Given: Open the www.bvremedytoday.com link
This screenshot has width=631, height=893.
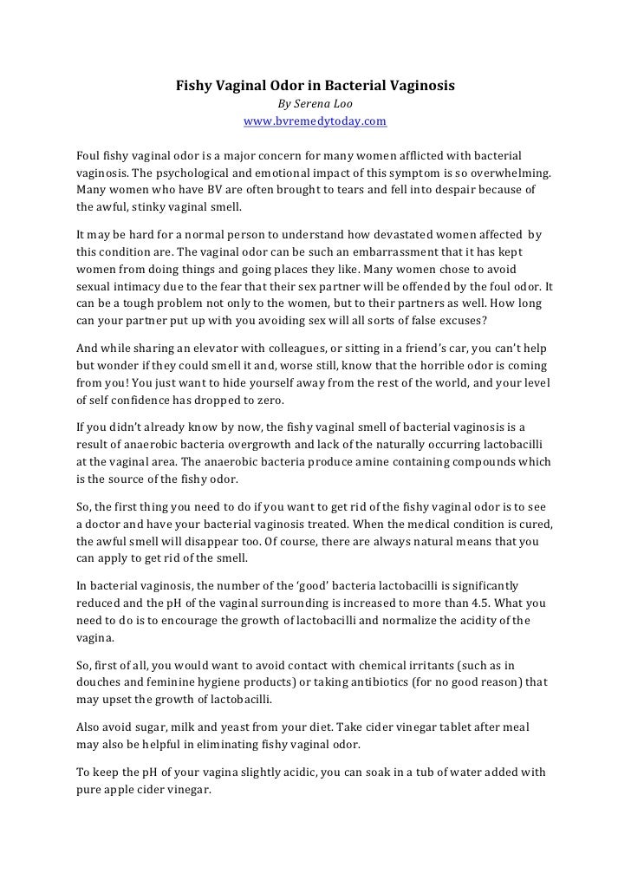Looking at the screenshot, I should coord(315,121).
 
